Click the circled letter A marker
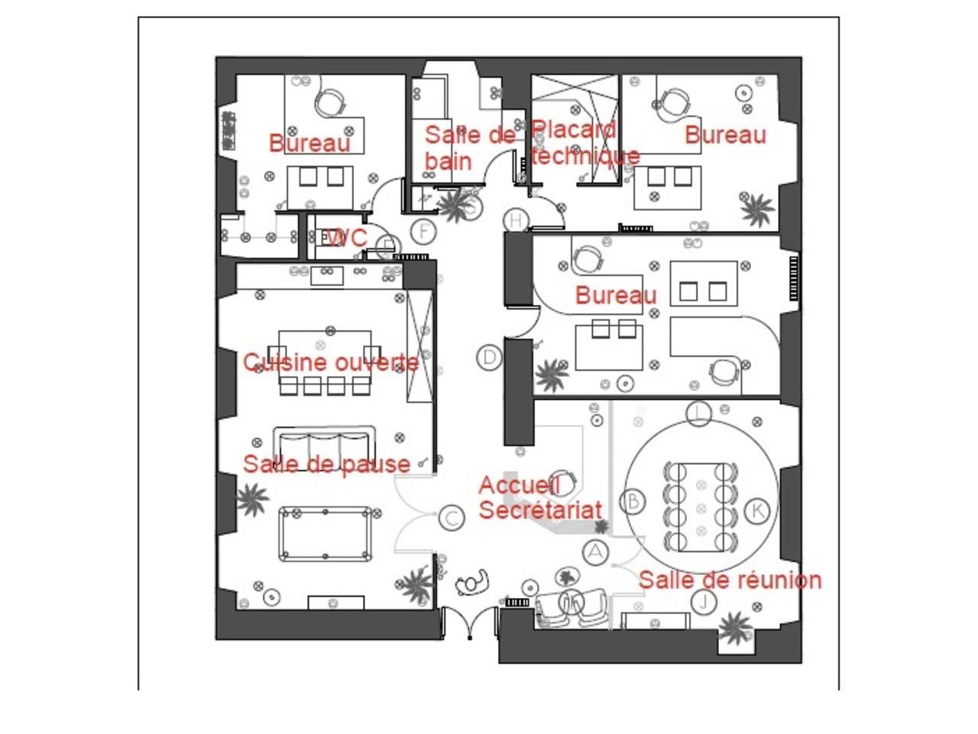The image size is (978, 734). (x=594, y=551)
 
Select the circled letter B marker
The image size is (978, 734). (x=633, y=502)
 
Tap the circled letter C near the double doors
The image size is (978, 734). (x=452, y=518)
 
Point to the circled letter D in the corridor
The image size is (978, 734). (x=489, y=357)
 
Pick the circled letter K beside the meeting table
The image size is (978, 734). (x=756, y=510)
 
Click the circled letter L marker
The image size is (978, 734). (x=698, y=414)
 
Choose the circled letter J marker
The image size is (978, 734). (x=704, y=602)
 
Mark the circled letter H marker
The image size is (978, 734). (x=517, y=220)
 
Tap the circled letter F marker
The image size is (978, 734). (x=423, y=230)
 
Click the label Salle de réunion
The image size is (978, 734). (x=730, y=580)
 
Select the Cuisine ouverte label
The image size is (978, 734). (x=331, y=362)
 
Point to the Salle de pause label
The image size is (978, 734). (x=326, y=464)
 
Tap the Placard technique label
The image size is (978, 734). (x=585, y=142)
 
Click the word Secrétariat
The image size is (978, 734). (x=540, y=509)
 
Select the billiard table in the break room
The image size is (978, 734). (x=326, y=533)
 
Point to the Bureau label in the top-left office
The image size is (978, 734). (x=309, y=143)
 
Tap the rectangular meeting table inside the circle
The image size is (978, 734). (x=701, y=506)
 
